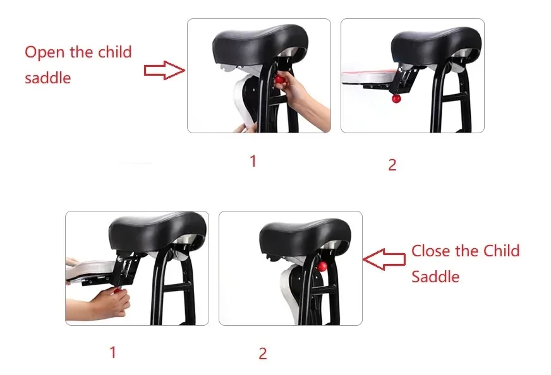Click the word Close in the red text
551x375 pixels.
pos(431,251)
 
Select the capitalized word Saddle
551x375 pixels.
pos(435,277)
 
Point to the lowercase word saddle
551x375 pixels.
pos(48,78)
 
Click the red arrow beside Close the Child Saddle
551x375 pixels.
pos(385,259)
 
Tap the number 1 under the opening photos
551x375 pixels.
pos(253,162)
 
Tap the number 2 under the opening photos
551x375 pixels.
pos(392,165)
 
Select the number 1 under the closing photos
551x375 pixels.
pos(113,352)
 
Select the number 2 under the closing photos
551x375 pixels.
pos(263,354)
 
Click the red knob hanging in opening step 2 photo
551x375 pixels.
pos(396,98)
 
